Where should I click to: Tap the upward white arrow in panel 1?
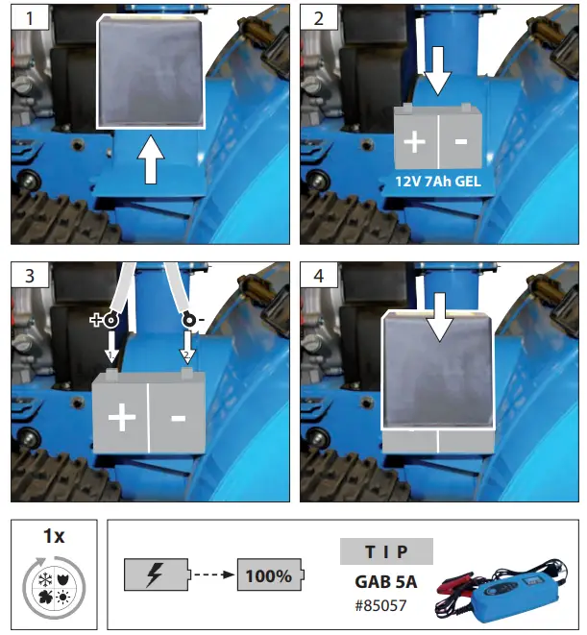click(x=151, y=159)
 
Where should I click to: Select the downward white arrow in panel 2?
click(x=438, y=72)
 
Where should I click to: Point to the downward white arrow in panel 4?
click(x=438, y=318)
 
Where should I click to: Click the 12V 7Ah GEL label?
click(x=437, y=180)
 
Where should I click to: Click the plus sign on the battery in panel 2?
click(x=414, y=141)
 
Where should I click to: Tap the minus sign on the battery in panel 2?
click(x=460, y=141)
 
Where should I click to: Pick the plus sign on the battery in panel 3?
click(x=121, y=418)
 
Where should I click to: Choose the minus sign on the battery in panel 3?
click(x=178, y=418)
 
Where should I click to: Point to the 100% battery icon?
click(x=270, y=576)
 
